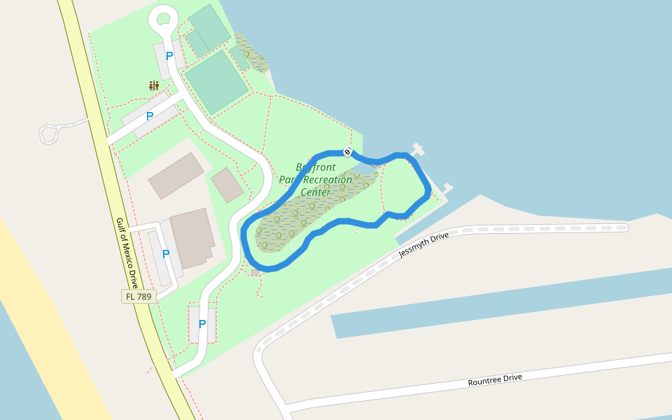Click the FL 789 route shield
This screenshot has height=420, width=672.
(139, 297)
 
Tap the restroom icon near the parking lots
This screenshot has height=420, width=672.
(154, 86)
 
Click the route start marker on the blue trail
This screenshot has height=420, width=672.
(347, 151)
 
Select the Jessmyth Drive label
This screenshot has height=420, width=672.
(423, 245)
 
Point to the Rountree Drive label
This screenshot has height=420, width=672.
(495, 380)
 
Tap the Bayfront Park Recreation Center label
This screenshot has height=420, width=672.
(316, 179)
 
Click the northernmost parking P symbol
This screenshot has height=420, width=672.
(169, 56)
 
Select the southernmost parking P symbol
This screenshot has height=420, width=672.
(202, 324)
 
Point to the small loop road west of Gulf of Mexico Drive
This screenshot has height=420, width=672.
(50, 134)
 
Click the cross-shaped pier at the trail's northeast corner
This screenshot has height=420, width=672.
(419, 149)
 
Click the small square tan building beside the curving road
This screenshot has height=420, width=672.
(227, 185)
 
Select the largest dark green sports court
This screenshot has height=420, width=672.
(216, 81)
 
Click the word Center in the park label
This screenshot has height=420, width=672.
(315, 192)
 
